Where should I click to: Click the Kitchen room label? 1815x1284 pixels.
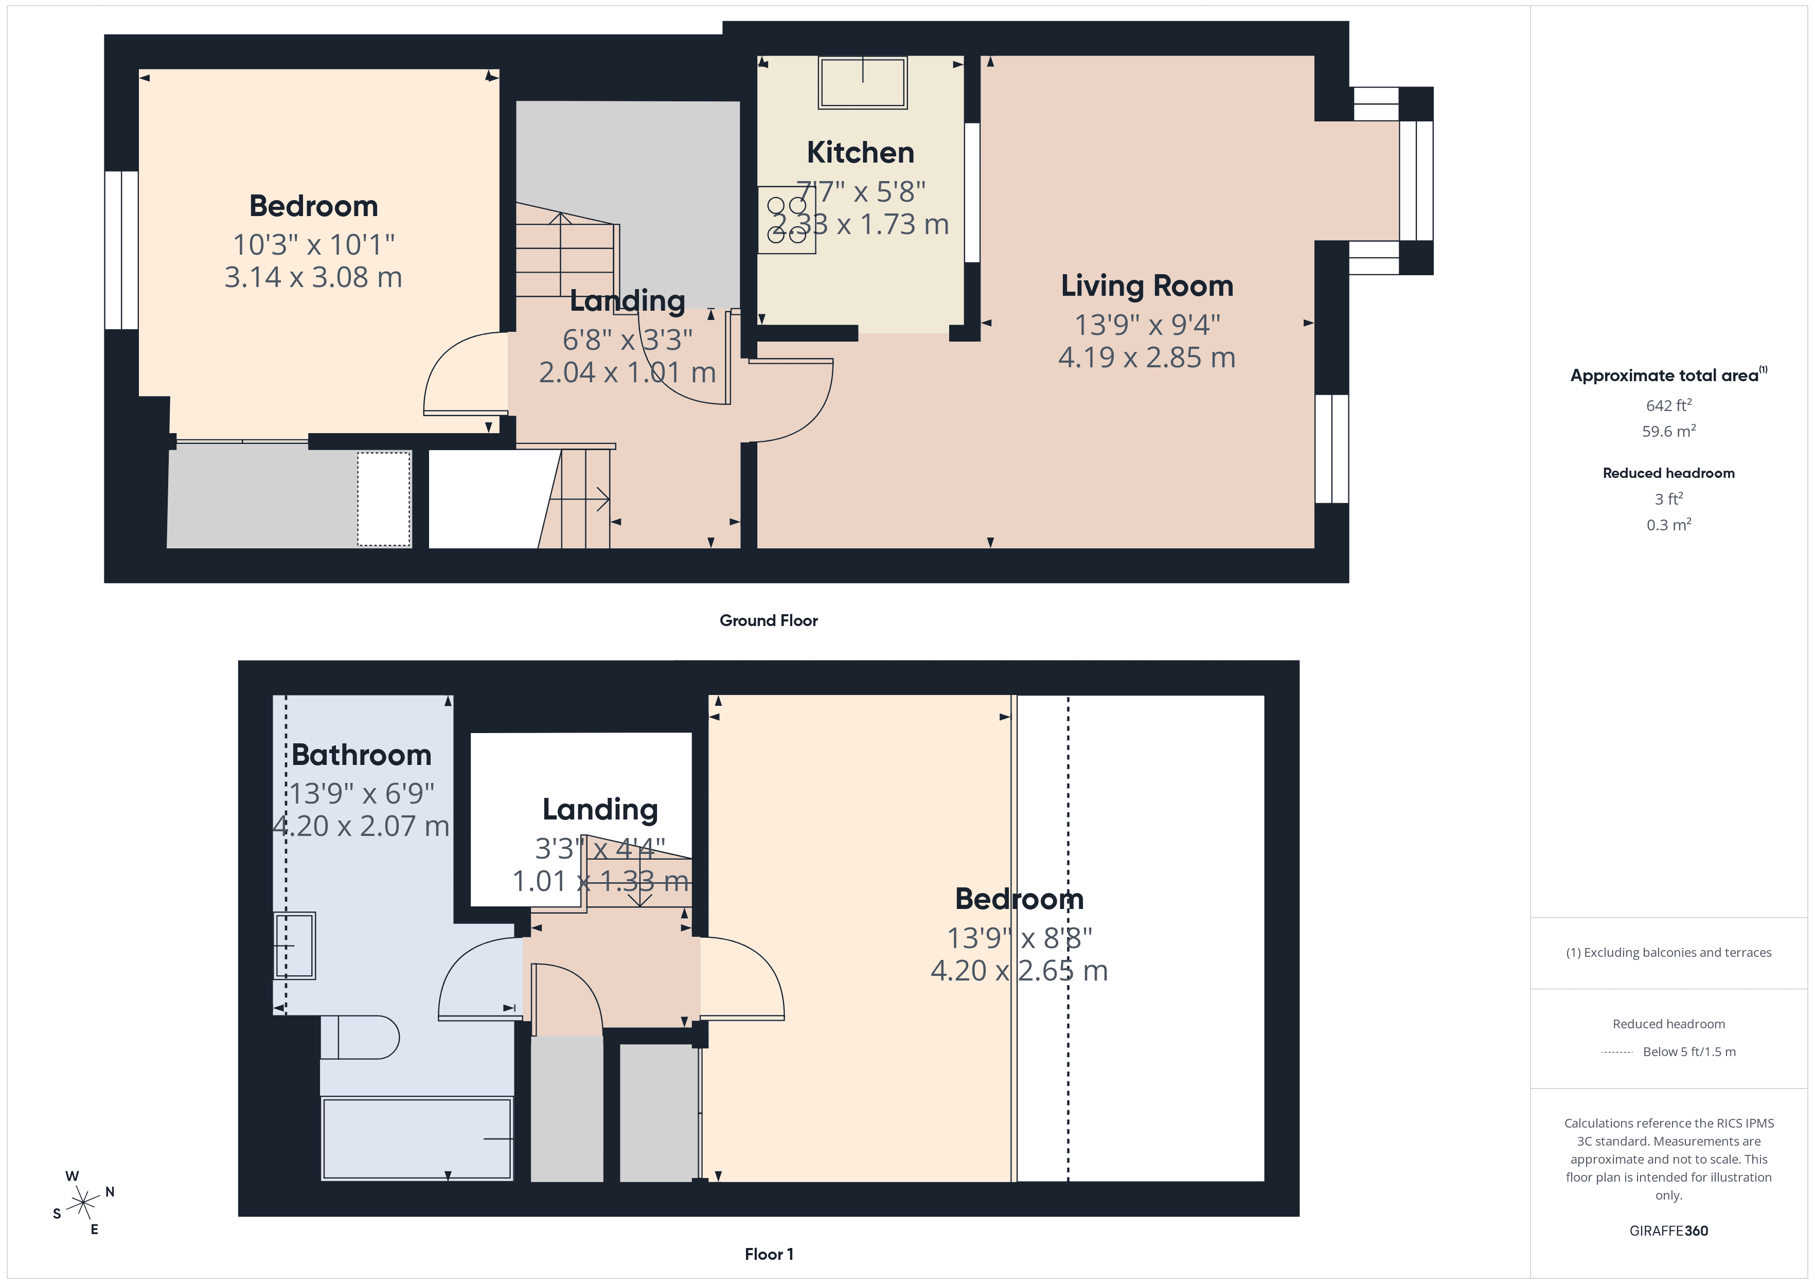[x=860, y=153]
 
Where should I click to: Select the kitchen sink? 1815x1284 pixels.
[x=862, y=82]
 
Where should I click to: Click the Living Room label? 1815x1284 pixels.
[x=1146, y=286]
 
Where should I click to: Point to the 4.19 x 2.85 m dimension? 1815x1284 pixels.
[x=1146, y=358]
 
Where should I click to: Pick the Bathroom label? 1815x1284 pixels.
[x=361, y=755]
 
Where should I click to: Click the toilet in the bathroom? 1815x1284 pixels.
[x=360, y=1037]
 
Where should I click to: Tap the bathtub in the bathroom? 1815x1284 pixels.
[x=417, y=1138]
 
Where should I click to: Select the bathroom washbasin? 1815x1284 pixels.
[x=294, y=946]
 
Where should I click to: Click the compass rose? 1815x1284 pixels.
[x=82, y=1203]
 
